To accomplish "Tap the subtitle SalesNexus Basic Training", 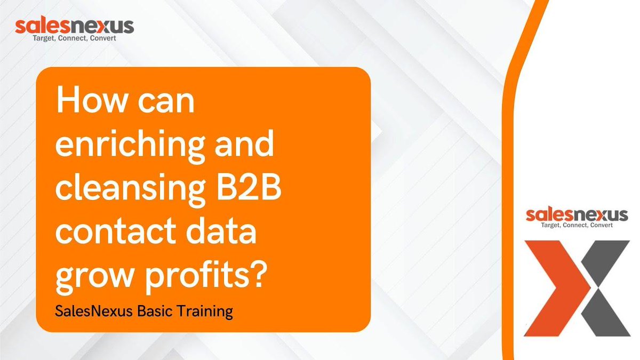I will coord(144,311).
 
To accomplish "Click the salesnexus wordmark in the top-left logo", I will coord(74,26).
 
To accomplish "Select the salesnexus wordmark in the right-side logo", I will coord(577,215).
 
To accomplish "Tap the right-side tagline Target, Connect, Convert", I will coord(577,225).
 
